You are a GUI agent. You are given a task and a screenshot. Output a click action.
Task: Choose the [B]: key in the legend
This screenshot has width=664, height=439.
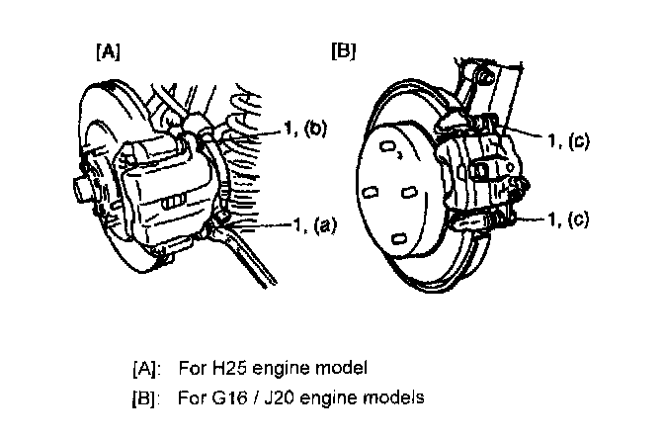(147, 399)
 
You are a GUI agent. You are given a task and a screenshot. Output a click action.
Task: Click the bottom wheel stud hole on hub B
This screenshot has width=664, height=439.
(398, 237)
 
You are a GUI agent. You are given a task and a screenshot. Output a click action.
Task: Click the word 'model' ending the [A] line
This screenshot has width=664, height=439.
(345, 370)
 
